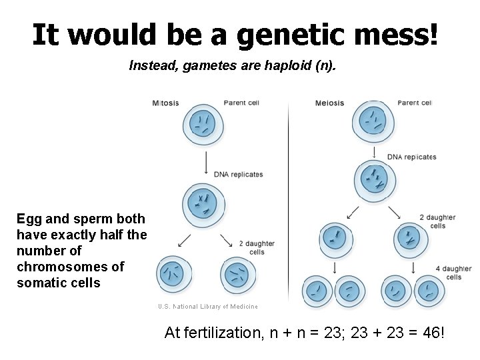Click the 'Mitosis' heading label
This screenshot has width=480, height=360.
(165, 103)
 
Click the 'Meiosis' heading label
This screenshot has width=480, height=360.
(329, 103)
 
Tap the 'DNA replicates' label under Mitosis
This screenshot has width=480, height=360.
(238, 175)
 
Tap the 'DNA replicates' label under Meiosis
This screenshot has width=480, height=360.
(411, 157)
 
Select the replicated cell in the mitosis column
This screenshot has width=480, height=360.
(203, 204)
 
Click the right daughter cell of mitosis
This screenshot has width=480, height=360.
(237, 274)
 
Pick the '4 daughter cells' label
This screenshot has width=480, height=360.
(453, 273)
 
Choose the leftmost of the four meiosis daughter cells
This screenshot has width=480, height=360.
(319, 291)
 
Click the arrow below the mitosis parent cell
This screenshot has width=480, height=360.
(206, 162)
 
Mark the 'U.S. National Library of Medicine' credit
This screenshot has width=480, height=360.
(207, 307)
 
